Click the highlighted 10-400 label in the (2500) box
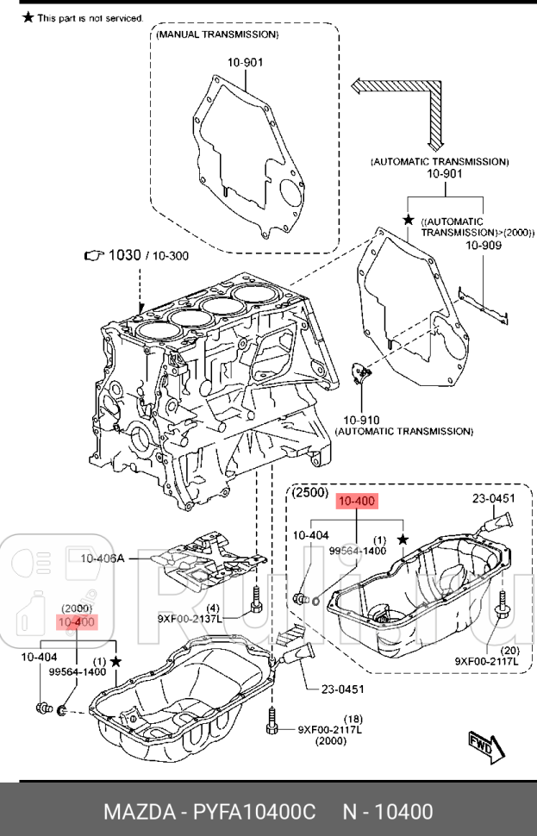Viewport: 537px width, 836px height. pos(356,502)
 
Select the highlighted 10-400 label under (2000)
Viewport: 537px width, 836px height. pos(77,622)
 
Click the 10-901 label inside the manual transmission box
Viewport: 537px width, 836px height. pos(246,62)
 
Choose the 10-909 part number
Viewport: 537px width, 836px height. pos(483,246)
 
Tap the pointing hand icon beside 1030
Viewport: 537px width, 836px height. pos(94,255)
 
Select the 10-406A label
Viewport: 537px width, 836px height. pos(103,558)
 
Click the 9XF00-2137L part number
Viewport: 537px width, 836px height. pos(188,618)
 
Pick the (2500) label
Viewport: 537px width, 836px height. pos(309,493)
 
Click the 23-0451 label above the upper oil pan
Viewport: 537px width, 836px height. pos(493,498)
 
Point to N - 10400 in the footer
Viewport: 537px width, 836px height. pos(388,812)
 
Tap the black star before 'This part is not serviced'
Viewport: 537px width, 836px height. pos(28,16)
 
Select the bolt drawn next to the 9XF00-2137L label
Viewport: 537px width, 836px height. pos(255,599)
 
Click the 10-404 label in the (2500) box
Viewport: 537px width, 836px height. pos(310,535)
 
